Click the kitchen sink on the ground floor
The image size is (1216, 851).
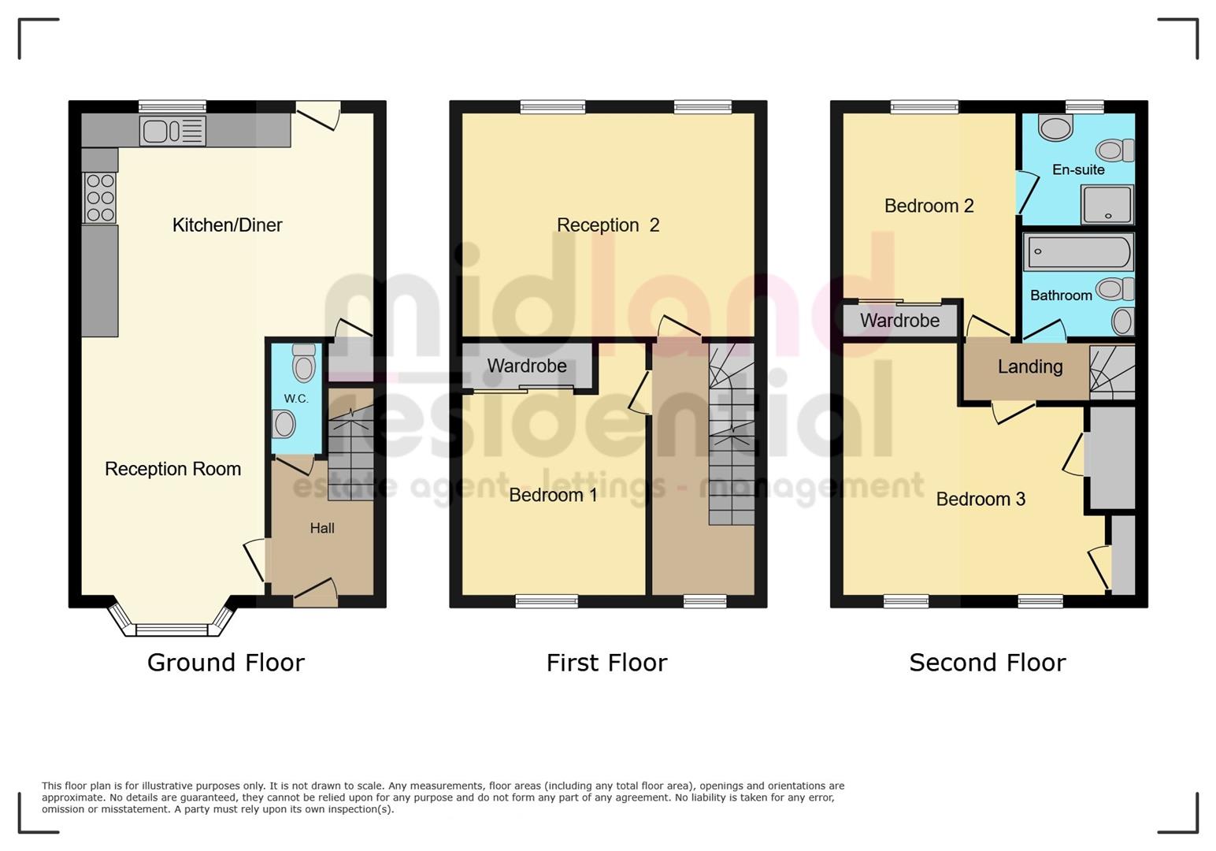coord(172,131)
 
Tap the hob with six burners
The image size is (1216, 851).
coord(100,198)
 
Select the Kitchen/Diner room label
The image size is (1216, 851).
coord(227,225)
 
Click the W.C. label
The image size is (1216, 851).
coord(296,399)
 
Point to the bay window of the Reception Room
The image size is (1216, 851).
coord(172,628)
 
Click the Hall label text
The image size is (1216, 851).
coord(322,529)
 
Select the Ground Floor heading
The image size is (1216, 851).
coord(225,663)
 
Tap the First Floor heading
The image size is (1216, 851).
coord(606,663)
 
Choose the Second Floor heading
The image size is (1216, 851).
coord(987,663)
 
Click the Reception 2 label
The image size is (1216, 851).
coord(607,225)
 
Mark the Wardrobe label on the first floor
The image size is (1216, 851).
coord(527,366)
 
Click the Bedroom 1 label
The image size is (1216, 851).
coord(553,495)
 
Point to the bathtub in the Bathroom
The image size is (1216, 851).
coord(1078,252)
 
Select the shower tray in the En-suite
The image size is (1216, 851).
coord(1107,205)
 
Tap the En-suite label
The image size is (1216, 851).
coord(1078,170)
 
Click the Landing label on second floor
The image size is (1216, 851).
coord(1029,367)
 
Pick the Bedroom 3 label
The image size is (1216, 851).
coord(981,500)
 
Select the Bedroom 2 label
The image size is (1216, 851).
coord(929,206)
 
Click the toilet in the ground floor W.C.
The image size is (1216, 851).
coord(303,363)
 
